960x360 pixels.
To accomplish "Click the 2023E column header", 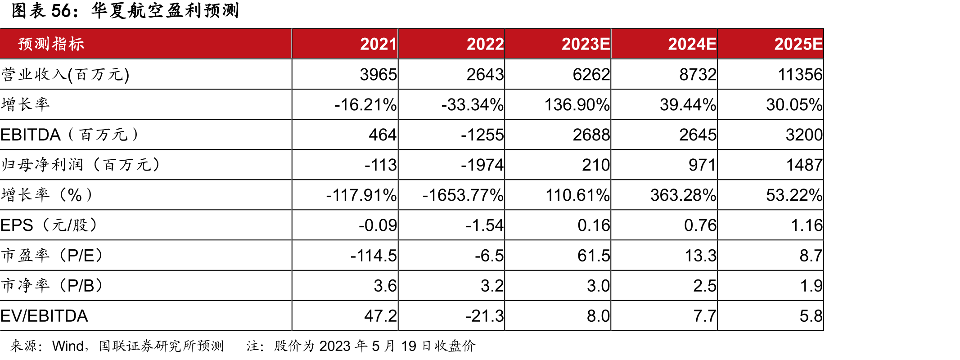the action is coord(586,44).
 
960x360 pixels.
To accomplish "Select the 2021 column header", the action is coord(379,44).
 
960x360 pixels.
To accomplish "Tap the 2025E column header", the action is coord(798,44).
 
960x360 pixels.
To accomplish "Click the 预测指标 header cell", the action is coord(51,44).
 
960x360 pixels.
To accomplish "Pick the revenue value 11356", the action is coord(800,74).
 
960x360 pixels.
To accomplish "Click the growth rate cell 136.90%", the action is coord(577,104).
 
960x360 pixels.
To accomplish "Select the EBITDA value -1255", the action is coord(482,135).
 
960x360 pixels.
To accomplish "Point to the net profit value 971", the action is coord(702,165).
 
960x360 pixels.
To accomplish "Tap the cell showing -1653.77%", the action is coord(463,195).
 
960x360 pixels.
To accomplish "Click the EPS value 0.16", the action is coord(594,225).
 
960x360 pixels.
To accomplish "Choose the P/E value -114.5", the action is coord(374,256).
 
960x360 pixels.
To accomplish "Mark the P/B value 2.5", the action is coord(704,286).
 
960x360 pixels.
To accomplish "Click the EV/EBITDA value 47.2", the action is coord(380,316).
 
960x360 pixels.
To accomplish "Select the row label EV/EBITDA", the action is coord(44,316).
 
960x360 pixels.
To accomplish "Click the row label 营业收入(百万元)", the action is coord(65,74).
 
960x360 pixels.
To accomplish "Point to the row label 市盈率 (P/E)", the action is coord(53,256).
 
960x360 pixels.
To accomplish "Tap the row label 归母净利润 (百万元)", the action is coord(81,165).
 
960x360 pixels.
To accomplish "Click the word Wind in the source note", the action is coord(68,346).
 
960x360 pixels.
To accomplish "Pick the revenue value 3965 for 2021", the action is coord(379,74).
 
